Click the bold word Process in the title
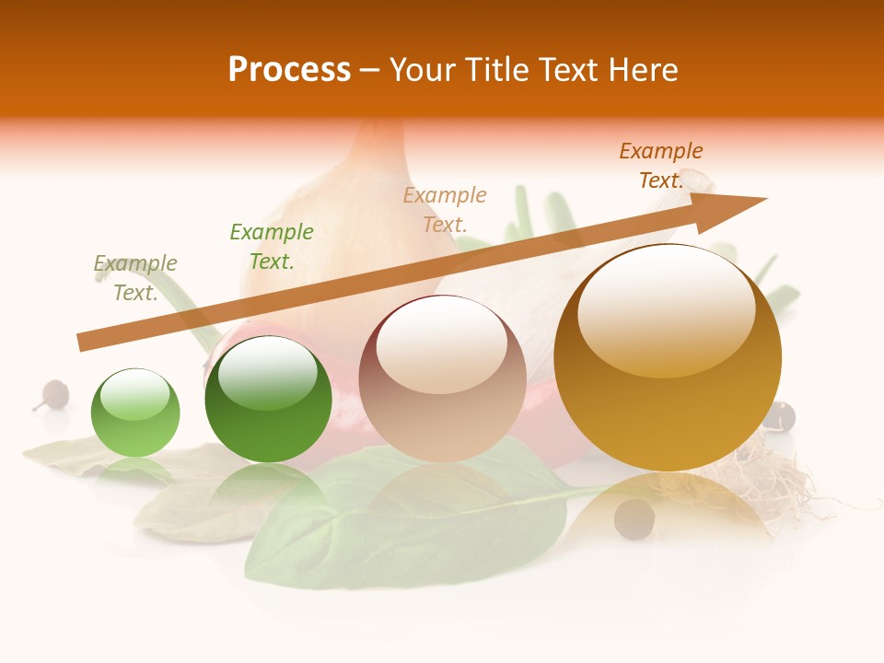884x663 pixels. (x=289, y=70)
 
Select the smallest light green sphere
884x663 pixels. (x=135, y=413)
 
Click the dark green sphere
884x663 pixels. (x=268, y=399)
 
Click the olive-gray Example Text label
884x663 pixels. (x=135, y=278)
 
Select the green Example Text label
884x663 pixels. (x=272, y=246)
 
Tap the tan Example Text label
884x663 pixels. (x=445, y=209)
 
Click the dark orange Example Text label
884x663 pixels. (x=661, y=166)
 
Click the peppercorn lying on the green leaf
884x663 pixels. (x=634, y=519)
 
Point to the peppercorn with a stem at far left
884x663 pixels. (x=54, y=394)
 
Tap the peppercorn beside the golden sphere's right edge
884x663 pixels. (x=779, y=415)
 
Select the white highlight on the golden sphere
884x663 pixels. (x=666, y=310)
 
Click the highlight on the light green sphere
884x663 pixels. (x=135, y=395)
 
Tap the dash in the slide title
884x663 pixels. (x=369, y=70)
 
